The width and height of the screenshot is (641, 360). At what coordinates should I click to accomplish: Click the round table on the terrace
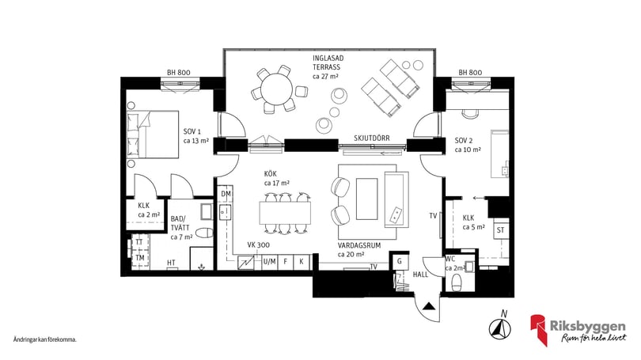tap(277, 90)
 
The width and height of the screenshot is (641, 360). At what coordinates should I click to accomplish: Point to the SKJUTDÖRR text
tap(372, 138)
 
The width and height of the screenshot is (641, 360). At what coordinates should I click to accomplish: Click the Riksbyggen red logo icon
tap(539, 329)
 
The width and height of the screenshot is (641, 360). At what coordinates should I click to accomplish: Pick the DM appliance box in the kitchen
tap(226, 194)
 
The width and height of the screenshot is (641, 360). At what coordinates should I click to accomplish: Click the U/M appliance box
tap(269, 262)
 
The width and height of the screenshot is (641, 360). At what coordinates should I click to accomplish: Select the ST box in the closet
tap(501, 230)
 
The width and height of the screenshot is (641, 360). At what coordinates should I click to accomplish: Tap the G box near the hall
tap(400, 261)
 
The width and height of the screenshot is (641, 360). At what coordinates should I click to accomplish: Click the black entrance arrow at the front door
tap(428, 306)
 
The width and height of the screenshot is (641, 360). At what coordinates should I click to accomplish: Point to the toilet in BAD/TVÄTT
tap(205, 233)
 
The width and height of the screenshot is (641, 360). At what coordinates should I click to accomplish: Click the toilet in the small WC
tap(457, 282)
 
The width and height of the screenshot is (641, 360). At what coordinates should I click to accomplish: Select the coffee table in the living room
tap(366, 199)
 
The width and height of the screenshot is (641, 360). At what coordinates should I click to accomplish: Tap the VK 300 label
tap(258, 244)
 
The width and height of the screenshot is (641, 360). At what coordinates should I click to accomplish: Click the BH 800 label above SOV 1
tap(179, 72)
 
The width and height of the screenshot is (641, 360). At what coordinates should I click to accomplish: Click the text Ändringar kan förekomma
tap(45, 339)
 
